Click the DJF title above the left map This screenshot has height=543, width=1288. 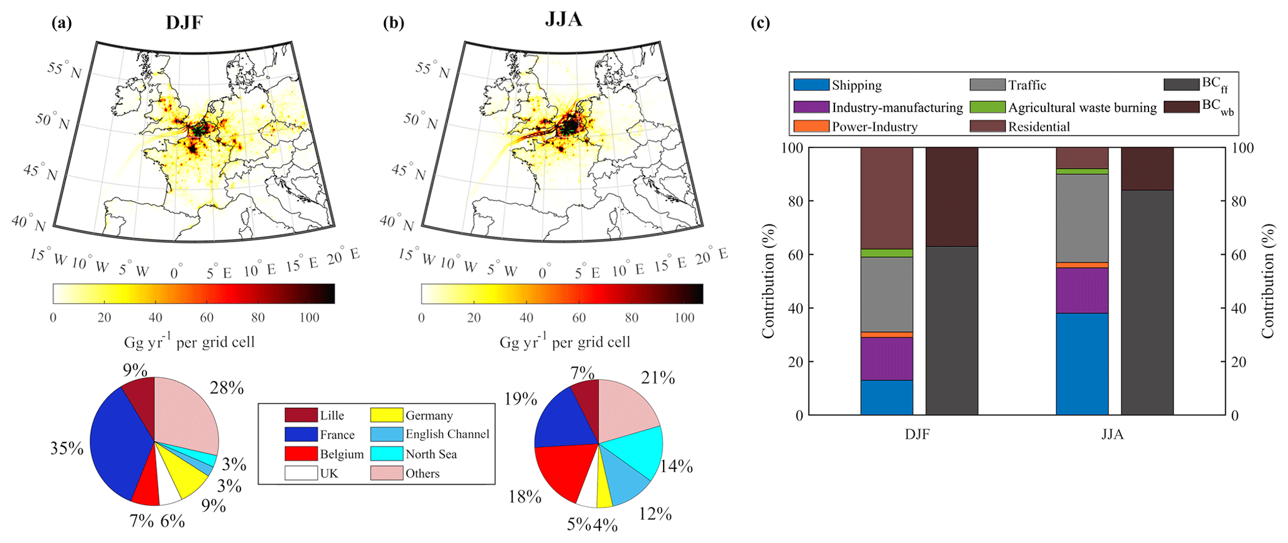[x=184, y=23]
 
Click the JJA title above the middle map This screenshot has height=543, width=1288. [x=563, y=19]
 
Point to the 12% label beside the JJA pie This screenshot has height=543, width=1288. [x=655, y=514]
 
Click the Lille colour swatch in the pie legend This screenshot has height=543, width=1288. [x=300, y=415]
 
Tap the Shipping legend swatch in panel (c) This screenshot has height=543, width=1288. [x=811, y=85]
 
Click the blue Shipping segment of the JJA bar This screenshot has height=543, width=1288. [x=1082, y=364]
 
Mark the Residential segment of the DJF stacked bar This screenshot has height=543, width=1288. [x=886, y=198]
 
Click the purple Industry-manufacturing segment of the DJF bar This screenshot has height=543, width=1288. [x=886, y=358]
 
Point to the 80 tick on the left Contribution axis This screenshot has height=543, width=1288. [x=796, y=201]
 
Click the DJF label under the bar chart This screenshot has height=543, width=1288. [x=917, y=434]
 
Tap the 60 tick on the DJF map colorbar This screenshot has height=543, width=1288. [x=206, y=318]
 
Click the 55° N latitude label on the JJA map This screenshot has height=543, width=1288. [x=432, y=70]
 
